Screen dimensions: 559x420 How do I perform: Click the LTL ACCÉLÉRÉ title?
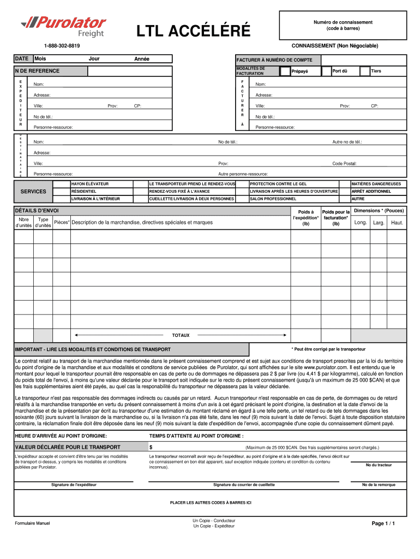coord(194,32)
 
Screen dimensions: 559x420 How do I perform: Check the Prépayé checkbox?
coord(285,71)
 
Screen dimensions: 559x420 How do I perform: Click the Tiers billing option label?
coord(376,71)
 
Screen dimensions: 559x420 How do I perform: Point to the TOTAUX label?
coord(181,335)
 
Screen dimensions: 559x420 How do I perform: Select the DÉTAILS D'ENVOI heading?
coord(37,211)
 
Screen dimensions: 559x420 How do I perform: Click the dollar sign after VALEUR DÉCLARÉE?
coord(151,447)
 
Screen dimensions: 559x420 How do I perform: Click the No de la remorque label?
coord(379,485)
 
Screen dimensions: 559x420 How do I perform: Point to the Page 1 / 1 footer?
coord(383,524)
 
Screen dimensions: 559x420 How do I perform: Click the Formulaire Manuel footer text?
coord(32,524)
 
